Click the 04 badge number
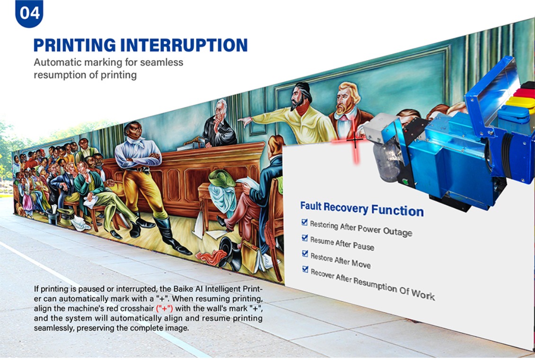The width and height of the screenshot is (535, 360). tap(29, 13)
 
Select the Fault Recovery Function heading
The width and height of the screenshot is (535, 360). tap(362, 208)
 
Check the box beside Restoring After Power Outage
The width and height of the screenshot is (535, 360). tap(304, 222)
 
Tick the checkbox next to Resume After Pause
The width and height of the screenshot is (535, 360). tap(305, 238)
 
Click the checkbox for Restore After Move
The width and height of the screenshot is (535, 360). tap(305, 253)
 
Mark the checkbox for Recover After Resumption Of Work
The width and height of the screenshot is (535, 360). tap(305, 269)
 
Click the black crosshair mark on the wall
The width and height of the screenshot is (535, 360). tap(355, 140)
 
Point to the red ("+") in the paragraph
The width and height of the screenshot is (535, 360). tap(164, 308)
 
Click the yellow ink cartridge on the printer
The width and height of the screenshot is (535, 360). tap(520, 102)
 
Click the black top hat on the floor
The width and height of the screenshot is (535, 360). tap(229, 251)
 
